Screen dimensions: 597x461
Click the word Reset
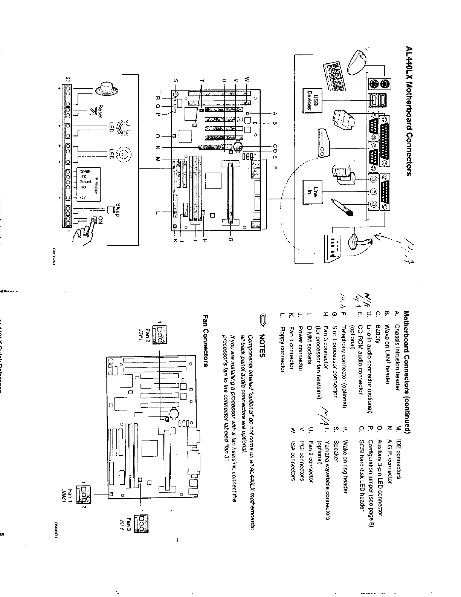(100, 110)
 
